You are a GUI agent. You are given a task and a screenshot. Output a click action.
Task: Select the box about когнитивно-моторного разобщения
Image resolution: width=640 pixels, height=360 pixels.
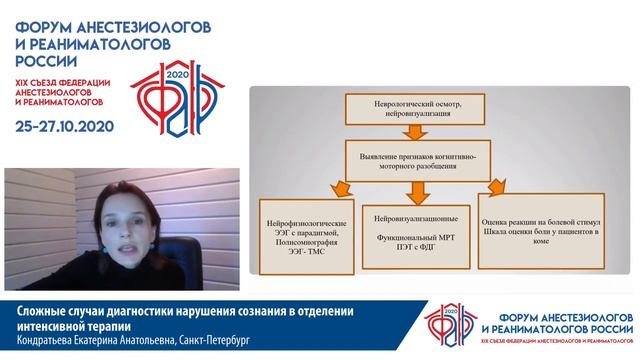pos(412,161)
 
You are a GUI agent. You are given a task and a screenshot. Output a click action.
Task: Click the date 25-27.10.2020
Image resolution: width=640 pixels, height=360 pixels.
pos(64,126)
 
